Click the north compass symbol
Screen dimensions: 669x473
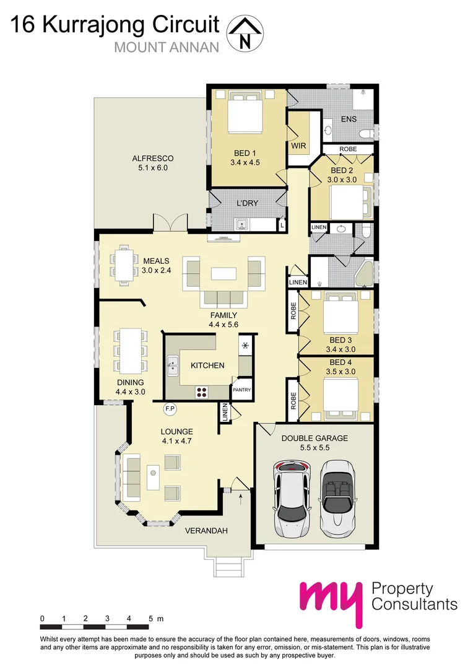pos(245,33)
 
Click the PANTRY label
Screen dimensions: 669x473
pos(241,390)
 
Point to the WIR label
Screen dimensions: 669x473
pos(298,145)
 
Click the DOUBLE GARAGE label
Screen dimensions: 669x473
pos(315,438)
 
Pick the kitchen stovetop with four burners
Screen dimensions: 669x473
pos(202,390)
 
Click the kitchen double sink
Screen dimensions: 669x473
pos(173,365)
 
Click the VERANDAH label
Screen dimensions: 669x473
pos(207,531)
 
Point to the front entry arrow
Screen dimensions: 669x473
pos(240,494)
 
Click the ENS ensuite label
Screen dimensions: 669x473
pos(349,120)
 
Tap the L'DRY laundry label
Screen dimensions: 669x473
pos(248,203)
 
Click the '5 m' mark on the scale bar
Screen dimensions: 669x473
pos(155,618)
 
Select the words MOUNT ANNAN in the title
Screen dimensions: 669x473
pos(167,47)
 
